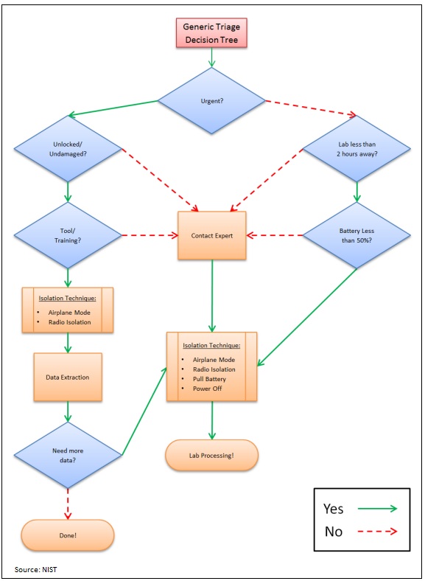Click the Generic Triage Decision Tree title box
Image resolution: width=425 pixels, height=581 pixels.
tap(211, 34)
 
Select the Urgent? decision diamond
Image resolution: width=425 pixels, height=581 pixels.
tap(212, 101)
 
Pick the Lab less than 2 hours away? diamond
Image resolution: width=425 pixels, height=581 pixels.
tap(356, 149)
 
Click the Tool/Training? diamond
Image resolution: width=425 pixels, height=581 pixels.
tap(68, 236)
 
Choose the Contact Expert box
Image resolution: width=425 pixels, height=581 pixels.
tap(212, 236)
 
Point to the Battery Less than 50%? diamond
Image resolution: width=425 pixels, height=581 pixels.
tap(356, 236)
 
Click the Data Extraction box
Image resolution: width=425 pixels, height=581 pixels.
tap(68, 377)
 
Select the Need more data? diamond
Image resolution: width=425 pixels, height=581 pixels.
tap(68, 455)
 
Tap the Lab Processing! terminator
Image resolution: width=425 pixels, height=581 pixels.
tap(212, 456)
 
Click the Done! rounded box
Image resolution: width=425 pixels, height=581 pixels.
tap(68, 535)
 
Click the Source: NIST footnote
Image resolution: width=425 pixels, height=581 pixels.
tap(35, 569)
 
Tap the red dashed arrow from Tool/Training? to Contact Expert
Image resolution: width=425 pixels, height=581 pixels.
tap(150, 236)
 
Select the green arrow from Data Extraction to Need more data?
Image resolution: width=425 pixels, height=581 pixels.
tap(68, 411)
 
